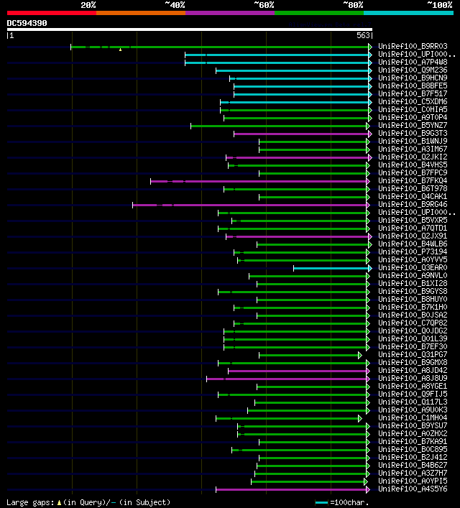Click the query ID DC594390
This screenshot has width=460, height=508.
tap(27, 23)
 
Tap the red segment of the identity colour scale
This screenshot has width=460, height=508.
tap(51, 12)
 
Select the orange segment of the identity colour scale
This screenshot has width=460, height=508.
tap(140, 12)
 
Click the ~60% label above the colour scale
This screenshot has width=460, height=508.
tap(264, 5)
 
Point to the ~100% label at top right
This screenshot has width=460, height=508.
tap(439, 5)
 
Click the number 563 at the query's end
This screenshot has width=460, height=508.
tap(363, 35)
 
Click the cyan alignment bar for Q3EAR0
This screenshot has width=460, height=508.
tap(331, 268)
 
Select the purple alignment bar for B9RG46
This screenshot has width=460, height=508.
tap(252, 205)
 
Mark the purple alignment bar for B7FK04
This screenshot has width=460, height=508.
tap(259, 181)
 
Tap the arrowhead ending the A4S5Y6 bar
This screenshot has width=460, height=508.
tap(369, 489)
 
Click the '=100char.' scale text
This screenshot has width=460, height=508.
tap(349, 502)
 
